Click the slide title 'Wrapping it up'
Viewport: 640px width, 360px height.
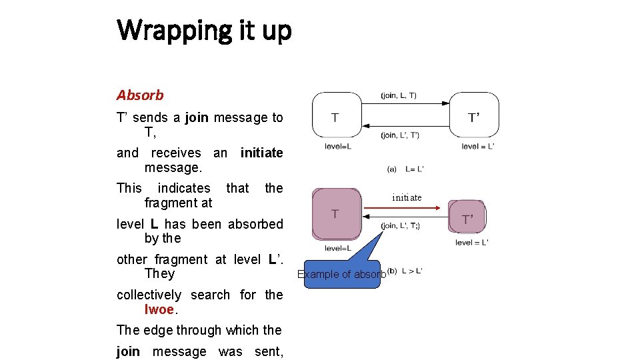pos(204,30)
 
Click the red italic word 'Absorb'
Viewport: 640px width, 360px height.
pos(140,95)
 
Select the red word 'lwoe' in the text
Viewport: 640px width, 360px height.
pos(159,309)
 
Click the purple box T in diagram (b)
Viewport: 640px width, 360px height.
pos(335,214)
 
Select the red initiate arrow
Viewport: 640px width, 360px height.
pos(404,208)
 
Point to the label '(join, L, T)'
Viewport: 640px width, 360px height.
pos(399,95)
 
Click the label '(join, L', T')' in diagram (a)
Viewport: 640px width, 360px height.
pos(400,135)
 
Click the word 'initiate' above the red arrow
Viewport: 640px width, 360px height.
pos(407,197)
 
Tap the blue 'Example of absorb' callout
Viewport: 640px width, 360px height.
pos(342,274)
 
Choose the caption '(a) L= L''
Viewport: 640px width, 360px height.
pos(406,169)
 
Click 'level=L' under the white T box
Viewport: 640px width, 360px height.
pos(338,147)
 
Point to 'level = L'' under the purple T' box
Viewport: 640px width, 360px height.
pos(472,243)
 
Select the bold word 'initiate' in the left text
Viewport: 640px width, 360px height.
pos(261,153)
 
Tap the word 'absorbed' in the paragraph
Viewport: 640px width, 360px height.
pos(255,224)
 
